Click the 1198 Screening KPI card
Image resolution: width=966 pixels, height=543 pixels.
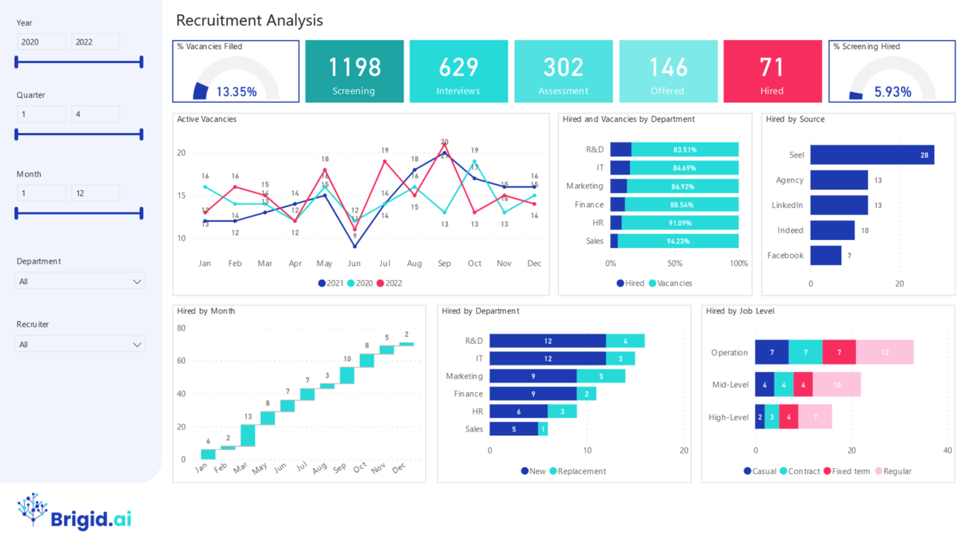(x=354, y=71)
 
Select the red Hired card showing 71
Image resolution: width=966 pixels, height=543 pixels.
(x=772, y=71)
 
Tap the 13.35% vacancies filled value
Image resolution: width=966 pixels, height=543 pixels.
(x=236, y=92)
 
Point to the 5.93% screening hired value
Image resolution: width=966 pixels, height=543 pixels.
(x=892, y=92)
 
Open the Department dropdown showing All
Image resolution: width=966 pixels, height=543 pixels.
(x=80, y=282)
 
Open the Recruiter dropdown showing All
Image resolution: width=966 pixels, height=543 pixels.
(x=80, y=345)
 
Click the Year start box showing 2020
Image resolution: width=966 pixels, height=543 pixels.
(x=41, y=42)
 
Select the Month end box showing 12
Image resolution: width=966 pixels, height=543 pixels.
(x=95, y=193)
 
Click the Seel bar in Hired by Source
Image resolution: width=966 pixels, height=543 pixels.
(x=872, y=155)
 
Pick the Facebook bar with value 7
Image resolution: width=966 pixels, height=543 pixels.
(x=826, y=256)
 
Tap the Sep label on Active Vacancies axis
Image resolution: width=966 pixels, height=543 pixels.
(x=444, y=264)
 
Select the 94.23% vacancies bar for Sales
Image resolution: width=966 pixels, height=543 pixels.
(x=678, y=241)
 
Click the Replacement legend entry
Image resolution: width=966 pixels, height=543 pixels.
(x=577, y=471)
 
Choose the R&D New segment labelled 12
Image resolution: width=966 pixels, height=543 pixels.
(x=548, y=341)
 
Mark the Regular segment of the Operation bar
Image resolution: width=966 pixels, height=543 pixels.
(x=885, y=352)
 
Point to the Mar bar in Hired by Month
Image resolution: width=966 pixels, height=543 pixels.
(x=247, y=435)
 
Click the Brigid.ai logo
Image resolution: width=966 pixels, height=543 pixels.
(x=74, y=512)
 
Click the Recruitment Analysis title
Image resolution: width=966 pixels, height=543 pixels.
(x=250, y=20)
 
